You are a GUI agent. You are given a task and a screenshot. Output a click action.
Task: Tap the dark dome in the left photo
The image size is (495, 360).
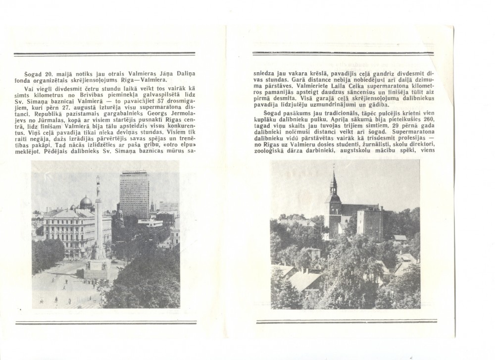(86, 202)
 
